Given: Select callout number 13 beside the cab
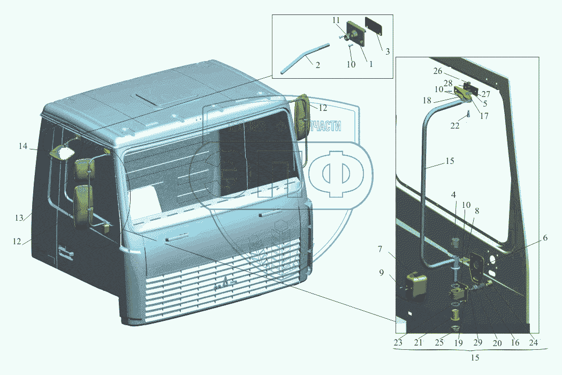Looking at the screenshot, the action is click(19, 218).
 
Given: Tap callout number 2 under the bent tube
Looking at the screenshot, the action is click(318, 65).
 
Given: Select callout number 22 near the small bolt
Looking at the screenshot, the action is click(454, 125).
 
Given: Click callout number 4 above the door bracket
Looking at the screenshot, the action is click(453, 194).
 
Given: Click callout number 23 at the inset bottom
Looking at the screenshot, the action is click(398, 343).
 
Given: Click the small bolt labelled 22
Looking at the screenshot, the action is click(468, 114).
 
